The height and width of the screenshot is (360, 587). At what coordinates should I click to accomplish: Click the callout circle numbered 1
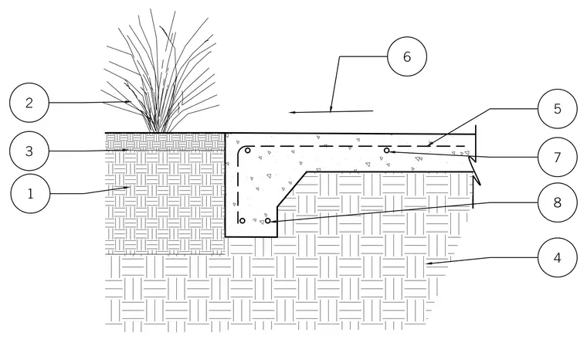[x=30, y=194]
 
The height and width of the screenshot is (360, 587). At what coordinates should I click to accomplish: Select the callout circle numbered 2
[x=29, y=103]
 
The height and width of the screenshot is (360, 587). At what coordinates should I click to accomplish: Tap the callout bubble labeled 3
[x=29, y=151]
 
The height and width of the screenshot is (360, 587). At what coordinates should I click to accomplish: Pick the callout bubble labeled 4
[x=558, y=258]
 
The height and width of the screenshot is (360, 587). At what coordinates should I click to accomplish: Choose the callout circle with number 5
[x=558, y=109]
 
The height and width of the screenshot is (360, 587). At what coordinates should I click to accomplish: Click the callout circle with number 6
[x=407, y=56]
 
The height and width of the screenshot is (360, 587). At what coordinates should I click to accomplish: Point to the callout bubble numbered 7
[x=558, y=157]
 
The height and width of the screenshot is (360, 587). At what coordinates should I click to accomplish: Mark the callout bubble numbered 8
[x=558, y=202]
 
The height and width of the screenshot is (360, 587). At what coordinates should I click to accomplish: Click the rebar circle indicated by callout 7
[x=387, y=151]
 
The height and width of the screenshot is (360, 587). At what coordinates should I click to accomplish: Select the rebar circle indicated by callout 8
[x=268, y=221]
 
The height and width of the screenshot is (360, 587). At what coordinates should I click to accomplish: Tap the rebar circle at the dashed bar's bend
[x=247, y=151]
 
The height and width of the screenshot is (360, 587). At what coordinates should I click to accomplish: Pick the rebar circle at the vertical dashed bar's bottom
[x=243, y=221]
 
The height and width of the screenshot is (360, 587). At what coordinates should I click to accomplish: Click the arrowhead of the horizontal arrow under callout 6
[x=293, y=112]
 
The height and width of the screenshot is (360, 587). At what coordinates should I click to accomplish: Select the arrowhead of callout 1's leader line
[x=127, y=187]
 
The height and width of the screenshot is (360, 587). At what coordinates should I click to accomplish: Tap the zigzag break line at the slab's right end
[x=475, y=167]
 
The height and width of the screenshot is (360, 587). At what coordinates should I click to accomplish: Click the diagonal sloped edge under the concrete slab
[x=292, y=189]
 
